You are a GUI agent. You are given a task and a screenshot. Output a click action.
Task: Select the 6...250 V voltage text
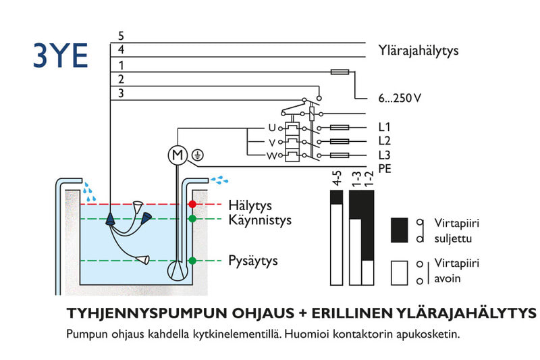click(400, 98)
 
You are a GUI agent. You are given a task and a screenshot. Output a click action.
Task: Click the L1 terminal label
click(385, 127)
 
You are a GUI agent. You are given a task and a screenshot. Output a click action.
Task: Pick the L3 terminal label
click(385, 155)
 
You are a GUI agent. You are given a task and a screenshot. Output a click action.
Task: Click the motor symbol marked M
click(176, 155)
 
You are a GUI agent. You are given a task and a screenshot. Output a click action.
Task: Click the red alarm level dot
click(192, 204)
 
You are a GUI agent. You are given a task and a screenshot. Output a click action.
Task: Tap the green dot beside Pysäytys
click(192, 261)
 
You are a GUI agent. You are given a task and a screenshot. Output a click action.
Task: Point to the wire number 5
click(121, 35)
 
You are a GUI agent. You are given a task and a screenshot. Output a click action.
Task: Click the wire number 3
click(121, 93)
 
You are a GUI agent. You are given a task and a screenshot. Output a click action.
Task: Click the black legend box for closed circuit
click(401, 230)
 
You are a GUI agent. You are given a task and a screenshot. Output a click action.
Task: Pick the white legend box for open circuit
click(401, 272)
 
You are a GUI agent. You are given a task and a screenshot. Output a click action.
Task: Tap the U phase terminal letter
click(272, 127)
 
